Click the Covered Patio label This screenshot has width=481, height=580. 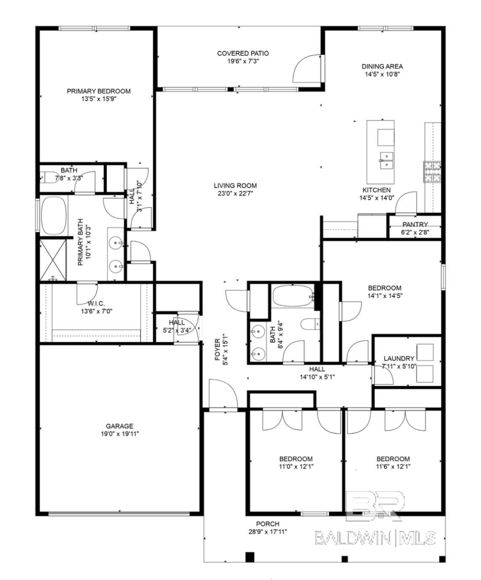point(243,54)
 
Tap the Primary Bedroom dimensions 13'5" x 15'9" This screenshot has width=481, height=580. point(99,99)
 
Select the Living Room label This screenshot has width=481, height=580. point(235,185)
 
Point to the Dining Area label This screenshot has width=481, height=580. point(382,67)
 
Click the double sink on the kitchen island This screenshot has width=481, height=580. point(387,160)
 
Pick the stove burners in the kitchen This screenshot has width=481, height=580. point(432,172)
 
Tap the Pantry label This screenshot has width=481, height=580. point(415,224)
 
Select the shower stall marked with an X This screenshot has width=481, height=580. point(54,260)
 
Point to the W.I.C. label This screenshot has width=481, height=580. point(96,303)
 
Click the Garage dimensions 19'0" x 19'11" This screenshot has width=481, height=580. point(119,434)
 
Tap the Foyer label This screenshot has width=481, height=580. point(218,349)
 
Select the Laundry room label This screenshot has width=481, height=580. point(399,358)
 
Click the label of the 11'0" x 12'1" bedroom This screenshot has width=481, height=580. point(296,459)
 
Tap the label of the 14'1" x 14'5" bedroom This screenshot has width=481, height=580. point(385,288)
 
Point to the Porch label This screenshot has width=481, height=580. point(268,524)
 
